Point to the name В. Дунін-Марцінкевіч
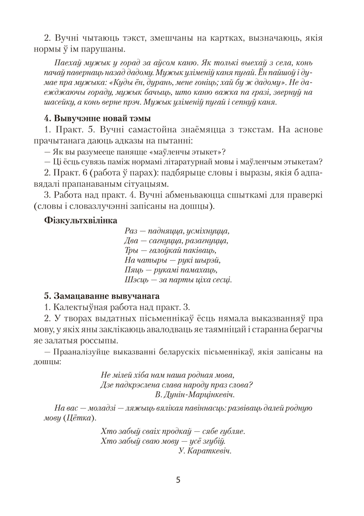pos(195,394)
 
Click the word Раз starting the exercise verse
pos(132,231)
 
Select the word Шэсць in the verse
pos(136,280)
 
